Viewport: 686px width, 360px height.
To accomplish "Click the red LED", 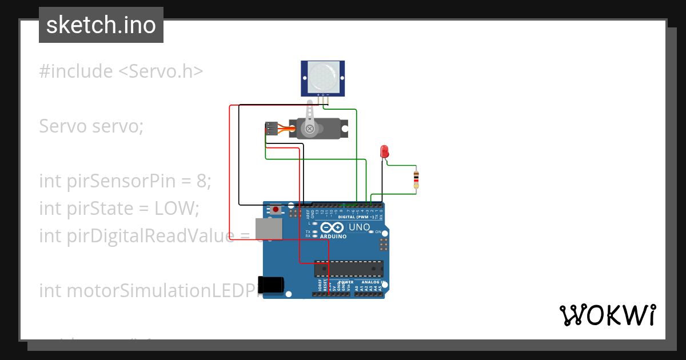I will coord(384,151).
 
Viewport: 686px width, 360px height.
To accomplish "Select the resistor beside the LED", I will coord(416,179).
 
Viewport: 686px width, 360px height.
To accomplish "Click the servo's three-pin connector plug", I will coord(270,129).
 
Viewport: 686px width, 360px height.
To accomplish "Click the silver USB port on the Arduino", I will coord(268,229).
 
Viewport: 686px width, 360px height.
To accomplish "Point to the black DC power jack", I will coord(272,284).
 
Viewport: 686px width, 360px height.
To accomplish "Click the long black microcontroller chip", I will coord(349,268).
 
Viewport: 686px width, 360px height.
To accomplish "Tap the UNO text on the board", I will coord(360,227).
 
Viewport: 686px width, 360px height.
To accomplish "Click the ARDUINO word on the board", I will coord(333,235).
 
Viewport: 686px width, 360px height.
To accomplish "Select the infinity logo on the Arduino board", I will coord(333,227).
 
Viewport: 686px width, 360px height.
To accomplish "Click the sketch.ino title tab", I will coord(101,25).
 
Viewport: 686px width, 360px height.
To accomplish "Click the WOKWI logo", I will coord(607,315).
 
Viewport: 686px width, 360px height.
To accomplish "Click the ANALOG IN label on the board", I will coord(371,282).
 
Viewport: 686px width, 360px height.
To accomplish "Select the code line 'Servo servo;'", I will coord(91,126).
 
